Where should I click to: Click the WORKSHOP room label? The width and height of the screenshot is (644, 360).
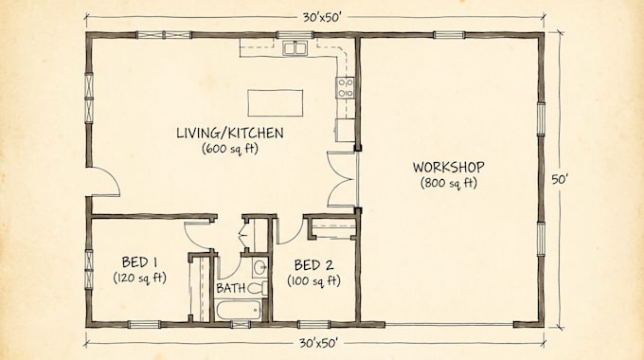[x=449, y=168]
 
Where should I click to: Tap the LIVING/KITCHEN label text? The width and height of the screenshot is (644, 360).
[x=230, y=133]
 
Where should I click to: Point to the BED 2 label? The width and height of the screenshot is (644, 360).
[x=313, y=265]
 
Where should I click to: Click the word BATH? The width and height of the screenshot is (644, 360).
[x=231, y=288]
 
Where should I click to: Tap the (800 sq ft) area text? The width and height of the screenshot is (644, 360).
[x=449, y=183]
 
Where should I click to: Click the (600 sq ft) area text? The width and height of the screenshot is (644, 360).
[x=230, y=149]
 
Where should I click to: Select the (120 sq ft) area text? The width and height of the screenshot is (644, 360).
[x=139, y=279]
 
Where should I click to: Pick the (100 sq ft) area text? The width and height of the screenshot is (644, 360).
[x=313, y=281]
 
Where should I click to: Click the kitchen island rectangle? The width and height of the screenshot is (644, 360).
[x=276, y=102]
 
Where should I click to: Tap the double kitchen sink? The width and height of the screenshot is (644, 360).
[x=295, y=48]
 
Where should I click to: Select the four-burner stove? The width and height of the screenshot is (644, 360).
[x=346, y=88]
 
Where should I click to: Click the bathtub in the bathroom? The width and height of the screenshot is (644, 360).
[x=239, y=311]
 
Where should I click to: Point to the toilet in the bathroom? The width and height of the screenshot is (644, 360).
[x=258, y=288]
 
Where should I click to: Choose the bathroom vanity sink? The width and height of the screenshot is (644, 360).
[x=260, y=268]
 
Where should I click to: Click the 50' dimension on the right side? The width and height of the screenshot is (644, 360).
[x=559, y=180]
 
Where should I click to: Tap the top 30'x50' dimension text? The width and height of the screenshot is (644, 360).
[x=322, y=17]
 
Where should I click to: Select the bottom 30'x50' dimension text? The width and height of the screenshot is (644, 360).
[x=318, y=342]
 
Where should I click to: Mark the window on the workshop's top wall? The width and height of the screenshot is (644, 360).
[x=449, y=35]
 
